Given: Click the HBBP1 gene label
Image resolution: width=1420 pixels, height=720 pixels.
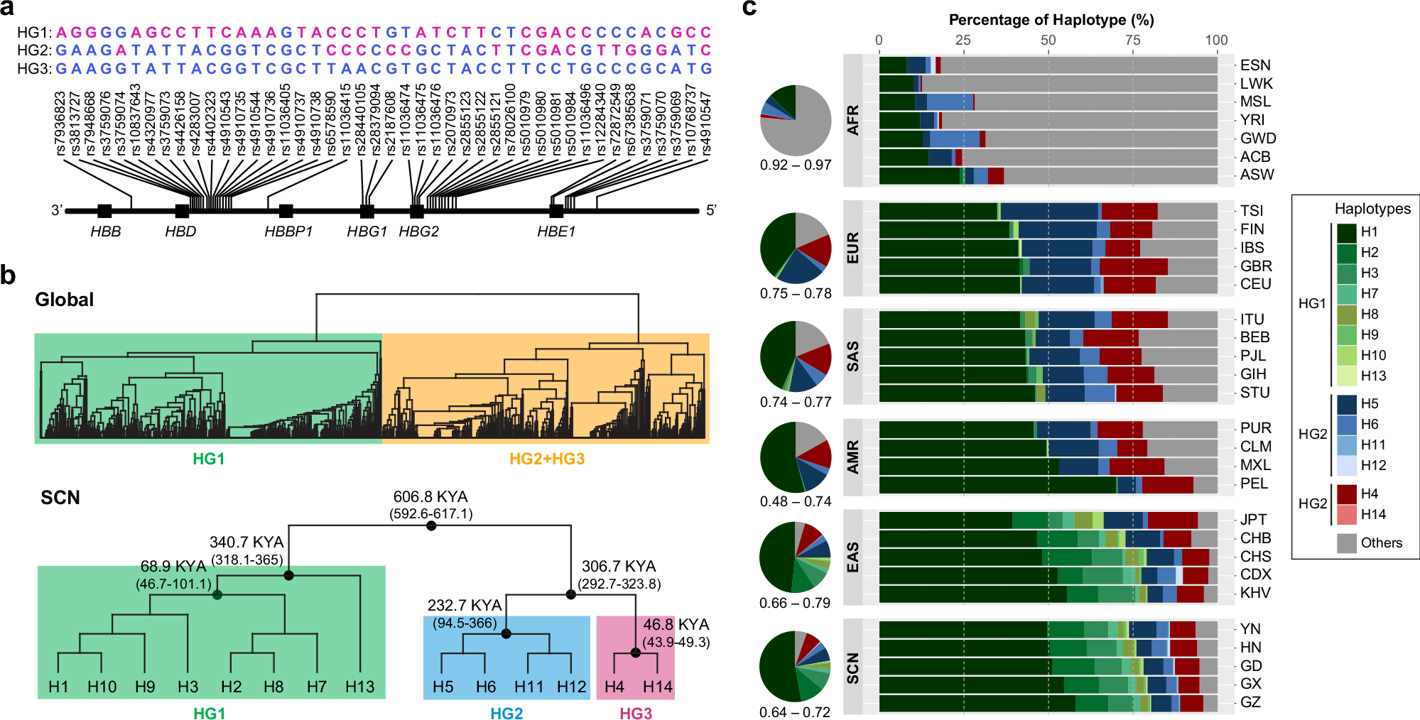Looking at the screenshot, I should [x=288, y=231].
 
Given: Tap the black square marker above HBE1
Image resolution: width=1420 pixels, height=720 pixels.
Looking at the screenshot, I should [x=556, y=211].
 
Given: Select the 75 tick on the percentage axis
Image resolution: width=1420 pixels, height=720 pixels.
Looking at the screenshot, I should [x=1133, y=40].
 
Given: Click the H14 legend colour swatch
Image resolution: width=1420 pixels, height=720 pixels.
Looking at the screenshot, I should [x=1347, y=515].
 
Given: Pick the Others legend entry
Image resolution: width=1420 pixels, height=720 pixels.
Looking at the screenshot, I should [x=1381, y=543].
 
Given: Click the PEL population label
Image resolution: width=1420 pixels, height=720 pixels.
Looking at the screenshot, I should [x=1254, y=484].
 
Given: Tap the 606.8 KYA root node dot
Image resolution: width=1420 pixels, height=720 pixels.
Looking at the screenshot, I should [x=431, y=525].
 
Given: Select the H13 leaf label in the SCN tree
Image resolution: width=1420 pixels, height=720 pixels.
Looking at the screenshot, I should [x=359, y=687].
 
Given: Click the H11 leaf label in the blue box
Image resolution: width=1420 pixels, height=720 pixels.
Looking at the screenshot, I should [x=529, y=687].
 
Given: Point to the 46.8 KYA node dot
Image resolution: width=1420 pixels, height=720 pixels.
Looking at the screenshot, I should [x=636, y=653].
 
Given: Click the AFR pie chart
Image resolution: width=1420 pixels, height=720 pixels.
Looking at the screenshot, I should [x=796, y=121].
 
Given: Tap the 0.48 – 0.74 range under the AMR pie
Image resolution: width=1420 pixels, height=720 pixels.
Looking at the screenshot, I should [x=796, y=501].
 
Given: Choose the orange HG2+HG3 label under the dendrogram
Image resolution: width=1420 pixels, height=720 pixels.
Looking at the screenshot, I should [x=547, y=459].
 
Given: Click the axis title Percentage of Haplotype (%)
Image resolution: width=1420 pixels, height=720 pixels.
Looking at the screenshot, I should [x=1051, y=20].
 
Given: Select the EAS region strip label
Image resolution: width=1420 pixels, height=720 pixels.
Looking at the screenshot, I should [x=853, y=557].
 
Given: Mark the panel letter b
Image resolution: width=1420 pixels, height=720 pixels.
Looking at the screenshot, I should [x=9, y=276].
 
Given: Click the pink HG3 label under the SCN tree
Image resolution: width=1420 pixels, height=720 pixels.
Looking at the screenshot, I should [x=636, y=714].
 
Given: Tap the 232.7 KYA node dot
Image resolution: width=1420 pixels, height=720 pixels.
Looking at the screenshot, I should [x=506, y=633].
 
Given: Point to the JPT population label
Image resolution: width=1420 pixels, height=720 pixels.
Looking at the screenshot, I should [x=1254, y=520].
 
